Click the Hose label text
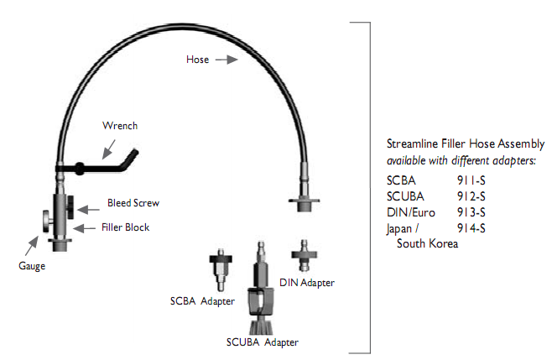[x=199, y=60]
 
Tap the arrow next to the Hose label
[x=225, y=60]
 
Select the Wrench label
[x=119, y=126]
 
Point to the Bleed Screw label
[x=133, y=203]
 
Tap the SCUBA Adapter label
[x=262, y=342]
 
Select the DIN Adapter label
[x=307, y=283]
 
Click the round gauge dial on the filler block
[x=42, y=222]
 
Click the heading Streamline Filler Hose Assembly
[x=466, y=143]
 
